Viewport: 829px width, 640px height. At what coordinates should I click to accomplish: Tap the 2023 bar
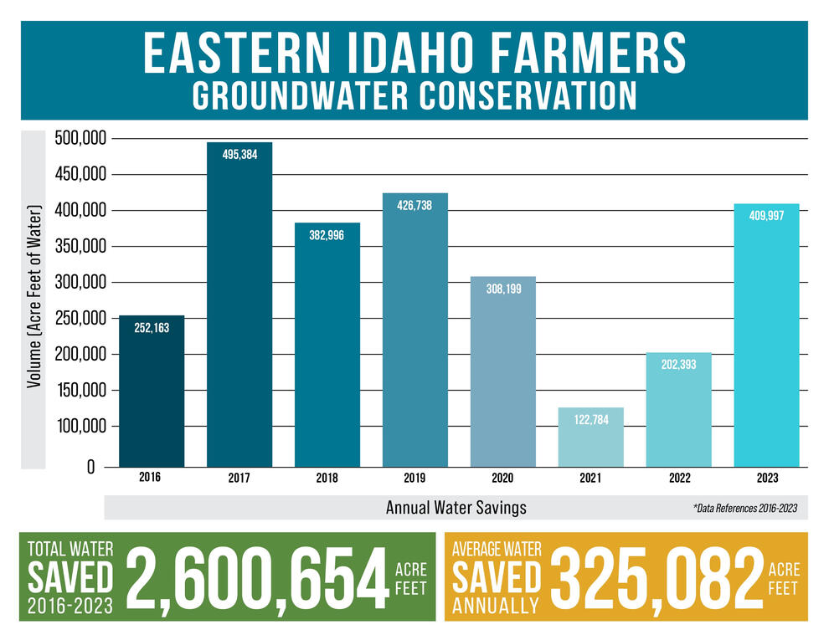coord(766,335)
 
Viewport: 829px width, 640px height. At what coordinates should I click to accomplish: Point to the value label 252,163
coord(152,328)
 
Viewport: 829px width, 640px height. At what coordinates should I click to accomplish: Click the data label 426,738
coord(414,205)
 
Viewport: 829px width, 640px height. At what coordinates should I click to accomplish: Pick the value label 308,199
coord(502,289)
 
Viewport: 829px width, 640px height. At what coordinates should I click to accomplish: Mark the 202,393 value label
coord(678,365)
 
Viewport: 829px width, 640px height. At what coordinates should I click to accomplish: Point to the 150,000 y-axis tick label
coord(83,391)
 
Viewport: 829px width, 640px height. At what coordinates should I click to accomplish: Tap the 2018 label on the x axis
coord(327,478)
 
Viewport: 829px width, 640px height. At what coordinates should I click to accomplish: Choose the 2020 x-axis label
coord(502,478)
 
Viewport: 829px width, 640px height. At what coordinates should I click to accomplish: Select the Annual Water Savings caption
coord(456,508)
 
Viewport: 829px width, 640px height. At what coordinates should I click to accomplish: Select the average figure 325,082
coord(655,577)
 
